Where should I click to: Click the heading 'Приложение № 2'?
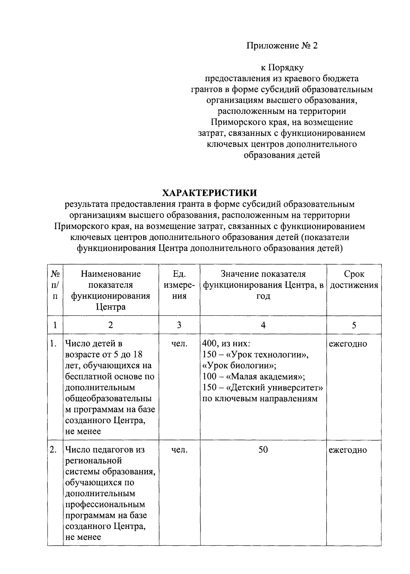coord(282,46)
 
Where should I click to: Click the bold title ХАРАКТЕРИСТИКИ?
coord(209,193)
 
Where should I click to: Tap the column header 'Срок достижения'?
coord(354,279)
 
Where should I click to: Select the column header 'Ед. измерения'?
coord(179,285)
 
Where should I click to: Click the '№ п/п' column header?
coord(55,285)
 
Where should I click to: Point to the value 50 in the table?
coord(263,450)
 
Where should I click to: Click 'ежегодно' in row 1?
coord(348,344)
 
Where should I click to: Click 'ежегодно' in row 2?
coord(348,450)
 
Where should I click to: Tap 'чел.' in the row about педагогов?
coord(179,450)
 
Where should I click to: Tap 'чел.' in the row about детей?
coord(179,344)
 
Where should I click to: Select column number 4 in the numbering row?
coord(263,325)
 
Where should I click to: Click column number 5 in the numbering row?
coord(354,325)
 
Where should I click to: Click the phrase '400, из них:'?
coord(226,344)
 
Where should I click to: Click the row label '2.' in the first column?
coord(53,450)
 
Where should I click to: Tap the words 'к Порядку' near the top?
coord(282,68)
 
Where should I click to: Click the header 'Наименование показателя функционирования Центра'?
coord(111,290)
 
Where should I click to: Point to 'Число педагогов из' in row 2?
coord(105,450)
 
